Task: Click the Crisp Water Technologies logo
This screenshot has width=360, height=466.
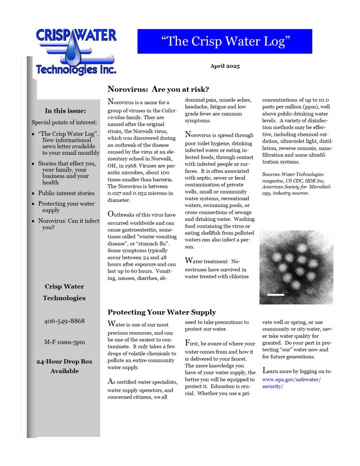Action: point(75,51)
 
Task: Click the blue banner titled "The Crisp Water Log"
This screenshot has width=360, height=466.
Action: point(225,41)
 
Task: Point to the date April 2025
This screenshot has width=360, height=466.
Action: point(225,66)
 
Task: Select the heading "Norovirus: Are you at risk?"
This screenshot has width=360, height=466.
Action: point(158,89)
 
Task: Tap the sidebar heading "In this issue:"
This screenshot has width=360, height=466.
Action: point(66,111)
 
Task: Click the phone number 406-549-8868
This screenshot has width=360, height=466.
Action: point(64,321)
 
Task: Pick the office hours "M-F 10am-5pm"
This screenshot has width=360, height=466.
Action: point(64,342)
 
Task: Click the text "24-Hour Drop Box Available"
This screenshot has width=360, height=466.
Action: point(64,366)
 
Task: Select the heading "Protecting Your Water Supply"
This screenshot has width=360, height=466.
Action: point(162,312)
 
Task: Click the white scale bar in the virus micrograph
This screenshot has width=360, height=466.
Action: point(276,295)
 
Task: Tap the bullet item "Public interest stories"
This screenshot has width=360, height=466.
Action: point(66,193)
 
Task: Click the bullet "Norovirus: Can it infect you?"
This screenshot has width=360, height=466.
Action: point(68,224)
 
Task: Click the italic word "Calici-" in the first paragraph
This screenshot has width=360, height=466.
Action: point(169,111)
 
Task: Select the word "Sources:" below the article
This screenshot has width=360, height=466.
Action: point(271,174)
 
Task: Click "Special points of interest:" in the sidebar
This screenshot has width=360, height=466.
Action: point(65,122)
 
